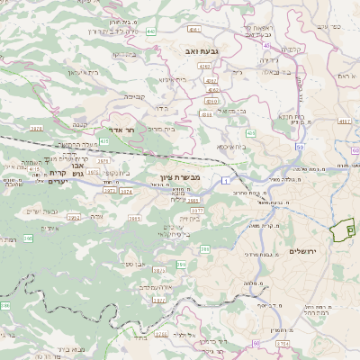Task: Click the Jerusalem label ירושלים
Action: [x=305, y=249]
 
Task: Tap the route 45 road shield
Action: [x=267, y=47]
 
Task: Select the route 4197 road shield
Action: [x=343, y=120]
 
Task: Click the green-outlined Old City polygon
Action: [x=341, y=232]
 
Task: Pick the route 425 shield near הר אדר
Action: [x=105, y=141]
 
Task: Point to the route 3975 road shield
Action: [x=61, y=130]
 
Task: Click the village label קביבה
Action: [x=134, y=94]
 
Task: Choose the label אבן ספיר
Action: [x=137, y=264]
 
